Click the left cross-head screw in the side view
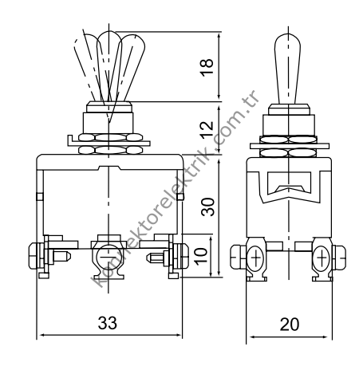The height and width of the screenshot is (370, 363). click(x=256, y=258)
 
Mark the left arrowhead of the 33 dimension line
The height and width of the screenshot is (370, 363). click(x=41, y=335)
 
